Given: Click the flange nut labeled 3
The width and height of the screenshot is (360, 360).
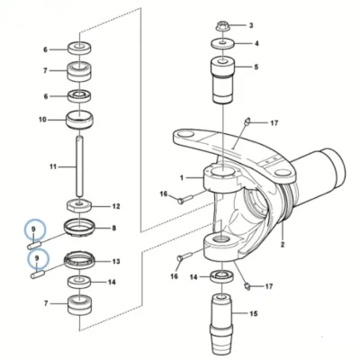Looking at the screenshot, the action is click(x=223, y=26).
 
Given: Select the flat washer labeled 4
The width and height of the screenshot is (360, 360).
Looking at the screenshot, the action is click(x=223, y=43).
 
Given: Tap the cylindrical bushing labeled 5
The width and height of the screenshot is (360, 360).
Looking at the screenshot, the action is click(x=223, y=80).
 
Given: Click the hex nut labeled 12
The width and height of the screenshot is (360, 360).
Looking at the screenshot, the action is click(x=79, y=206).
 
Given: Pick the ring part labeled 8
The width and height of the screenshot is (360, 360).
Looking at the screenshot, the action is click(x=79, y=229).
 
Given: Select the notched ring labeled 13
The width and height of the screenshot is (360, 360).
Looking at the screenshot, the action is click(x=79, y=260).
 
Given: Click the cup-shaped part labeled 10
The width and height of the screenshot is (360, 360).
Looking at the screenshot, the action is click(x=79, y=120).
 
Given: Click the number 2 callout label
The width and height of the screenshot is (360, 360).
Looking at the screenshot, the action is click(x=283, y=245).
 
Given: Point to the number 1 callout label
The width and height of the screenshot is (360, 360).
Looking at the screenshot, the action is click(x=182, y=178).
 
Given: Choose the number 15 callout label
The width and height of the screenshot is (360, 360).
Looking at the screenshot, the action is click(x=254, y=314).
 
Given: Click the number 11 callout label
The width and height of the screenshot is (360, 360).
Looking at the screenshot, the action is click(x=53, y=166).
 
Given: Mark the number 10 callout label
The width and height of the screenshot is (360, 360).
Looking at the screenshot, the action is click(x=42, y=120).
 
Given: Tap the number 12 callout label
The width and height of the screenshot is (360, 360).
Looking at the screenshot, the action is click(x=116, y=206).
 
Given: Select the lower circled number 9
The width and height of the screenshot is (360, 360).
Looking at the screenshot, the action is click(x=37, y=257).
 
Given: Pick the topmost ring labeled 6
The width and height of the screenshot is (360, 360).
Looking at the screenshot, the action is click(x=79, y=49).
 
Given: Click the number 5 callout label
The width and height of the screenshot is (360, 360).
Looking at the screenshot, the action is click(x=256, y=67).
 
